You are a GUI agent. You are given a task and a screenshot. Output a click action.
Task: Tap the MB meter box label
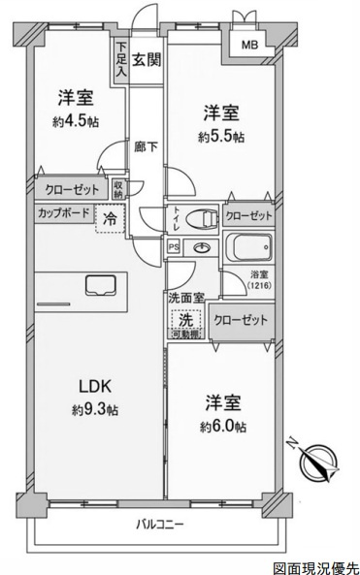[x=250, y=44]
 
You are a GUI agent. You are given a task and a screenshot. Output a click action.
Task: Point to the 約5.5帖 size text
[x=222, y=136]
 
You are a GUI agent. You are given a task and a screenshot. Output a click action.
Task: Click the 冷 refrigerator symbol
[x=110, y=220]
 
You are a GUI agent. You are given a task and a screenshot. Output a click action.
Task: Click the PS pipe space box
[x=174, y=248]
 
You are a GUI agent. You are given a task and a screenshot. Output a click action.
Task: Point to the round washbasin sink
[x=201, y=248]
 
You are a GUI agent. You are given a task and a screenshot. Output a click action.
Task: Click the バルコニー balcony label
[x=156, y=525]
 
